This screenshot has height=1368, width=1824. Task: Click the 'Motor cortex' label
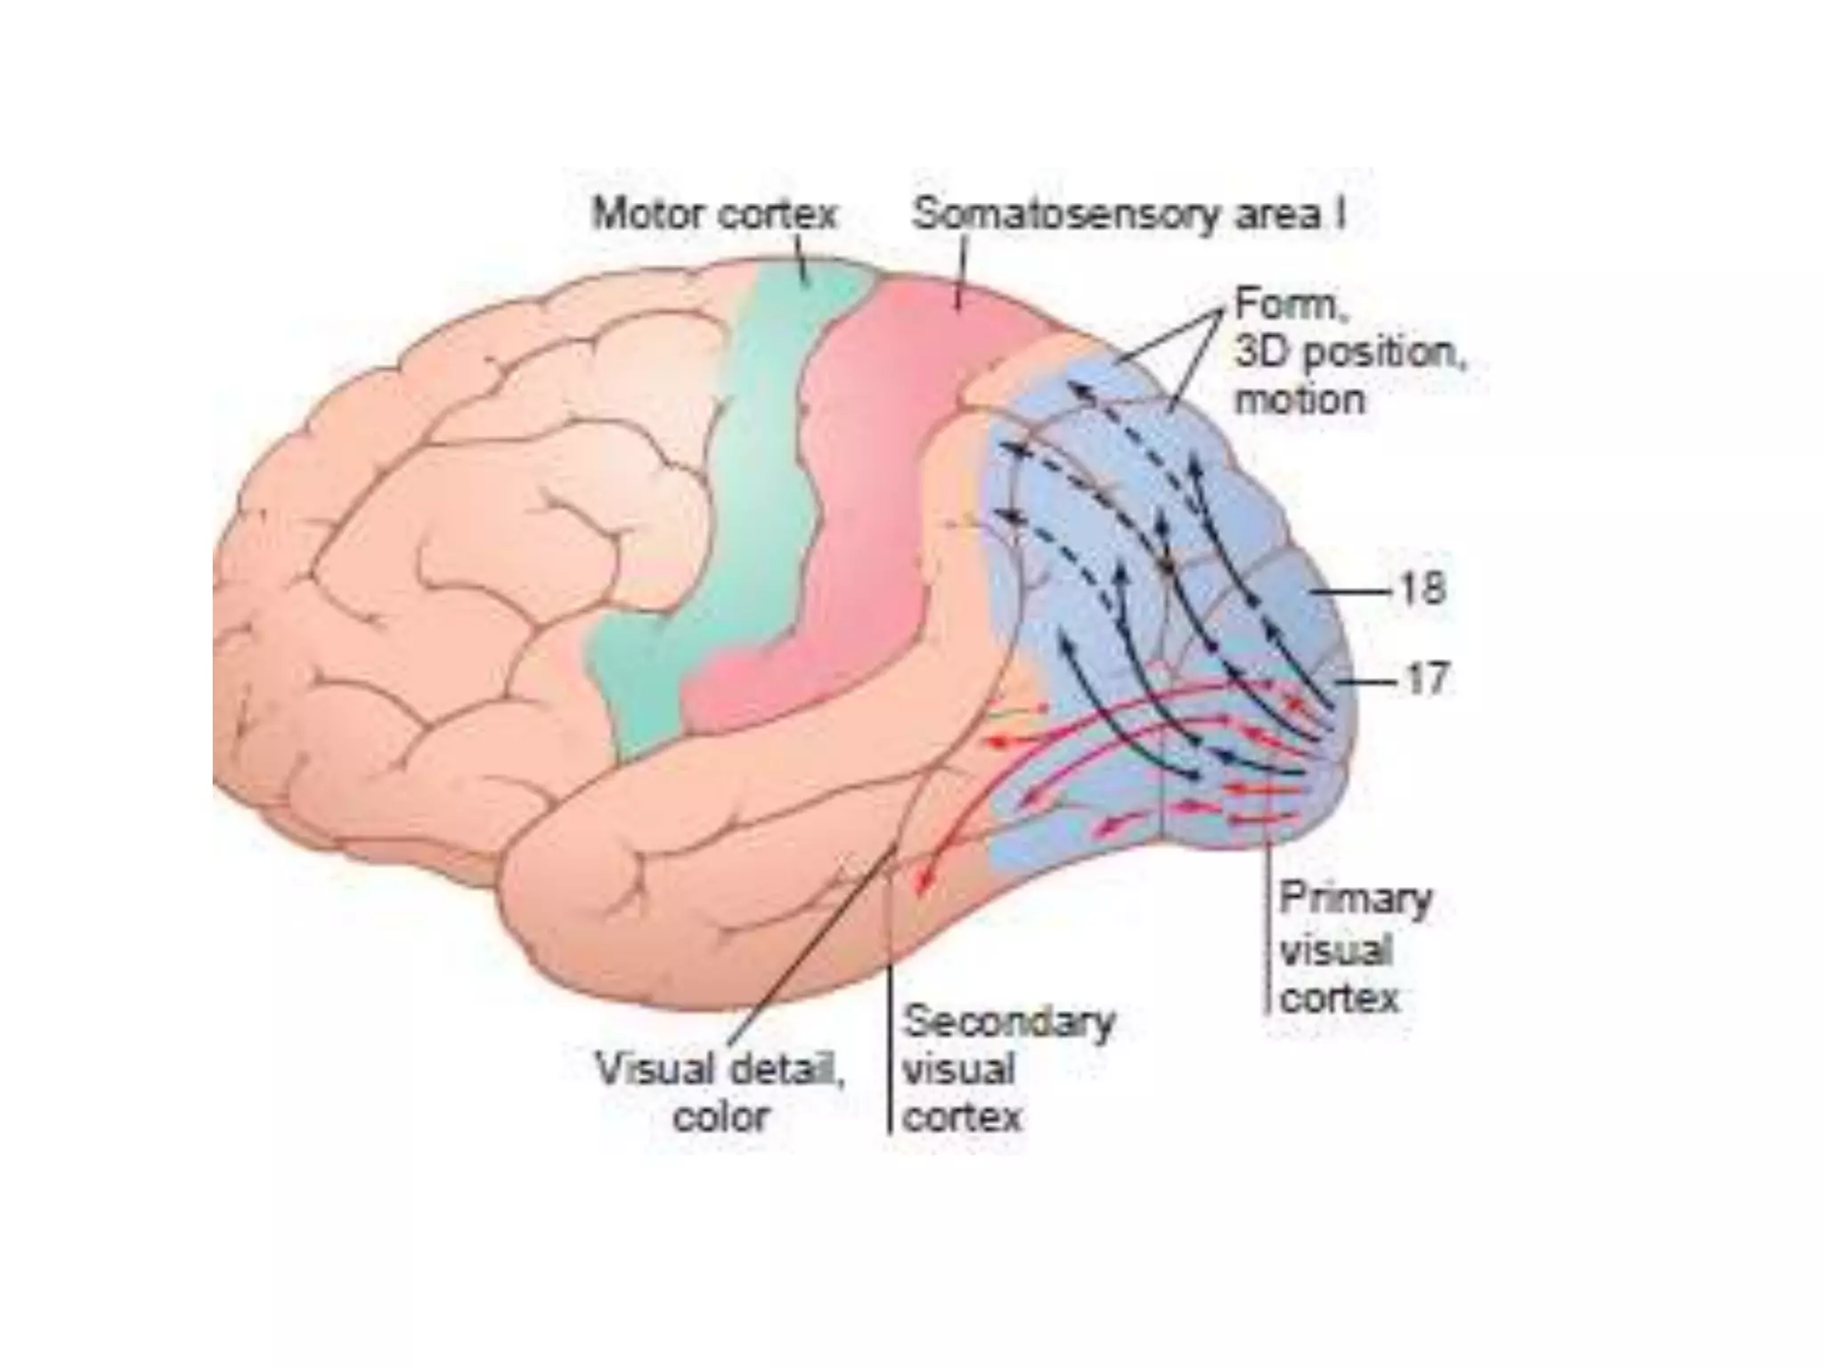714,215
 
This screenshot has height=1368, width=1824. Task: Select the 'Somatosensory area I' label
1128,215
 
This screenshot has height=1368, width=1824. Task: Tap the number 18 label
1422,589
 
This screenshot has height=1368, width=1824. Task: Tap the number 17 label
1427,679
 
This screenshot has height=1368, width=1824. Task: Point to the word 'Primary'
1355,900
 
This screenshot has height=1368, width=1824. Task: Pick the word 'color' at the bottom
721,1116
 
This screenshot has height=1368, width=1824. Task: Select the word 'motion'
1299,398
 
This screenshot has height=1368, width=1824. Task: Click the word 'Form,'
1291,305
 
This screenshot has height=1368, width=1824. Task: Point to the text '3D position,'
1349,353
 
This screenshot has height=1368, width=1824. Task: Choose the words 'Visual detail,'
720,1068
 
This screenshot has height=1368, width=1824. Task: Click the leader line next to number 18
1351,590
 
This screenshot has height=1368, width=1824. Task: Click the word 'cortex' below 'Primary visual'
1339,997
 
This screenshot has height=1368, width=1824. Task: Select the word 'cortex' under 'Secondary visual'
962,1116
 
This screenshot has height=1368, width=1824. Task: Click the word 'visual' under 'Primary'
1335,949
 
